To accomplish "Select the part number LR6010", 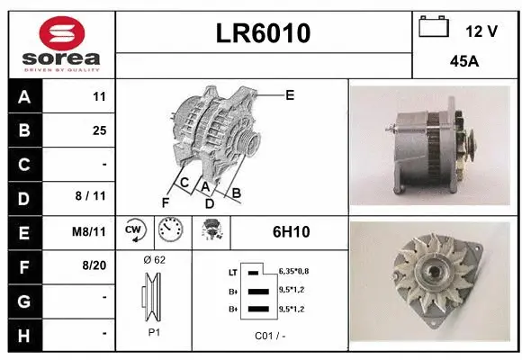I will pos(264,33).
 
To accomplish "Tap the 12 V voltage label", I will pos(481,31).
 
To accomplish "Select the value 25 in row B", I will pos(99,130).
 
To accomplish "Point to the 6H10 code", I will pos(291,232).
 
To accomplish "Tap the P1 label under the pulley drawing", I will pos(154,332).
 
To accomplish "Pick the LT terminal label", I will pos(232,271).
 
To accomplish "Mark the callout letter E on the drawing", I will pos(290,94).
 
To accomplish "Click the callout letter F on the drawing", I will pos(165,201).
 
